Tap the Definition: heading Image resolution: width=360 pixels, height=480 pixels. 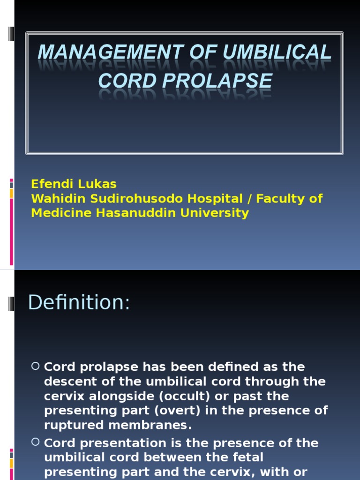[x=79, y=302]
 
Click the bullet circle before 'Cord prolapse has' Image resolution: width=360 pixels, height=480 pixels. [x=36, y=366]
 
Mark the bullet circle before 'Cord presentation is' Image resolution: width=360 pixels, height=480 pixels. [x=36, y=442]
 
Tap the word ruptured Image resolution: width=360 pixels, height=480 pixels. [x=72, y=425]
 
